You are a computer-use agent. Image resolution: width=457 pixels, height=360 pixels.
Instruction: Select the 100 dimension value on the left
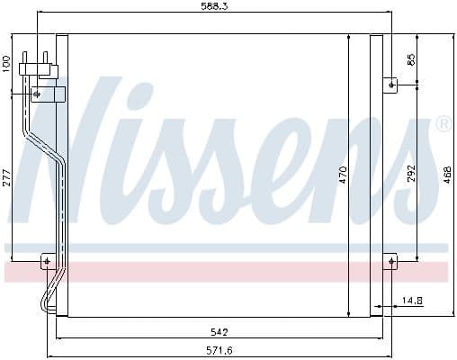[x=6, y=64]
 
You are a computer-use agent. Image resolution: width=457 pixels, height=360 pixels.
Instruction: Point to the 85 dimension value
[x=411, y=61]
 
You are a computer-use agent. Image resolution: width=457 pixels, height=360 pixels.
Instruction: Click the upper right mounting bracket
[x=390, y=85]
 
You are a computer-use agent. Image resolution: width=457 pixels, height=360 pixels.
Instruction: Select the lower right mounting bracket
[x=390, y=262]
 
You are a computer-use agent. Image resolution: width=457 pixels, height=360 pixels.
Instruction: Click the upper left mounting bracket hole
[x=37, y=93]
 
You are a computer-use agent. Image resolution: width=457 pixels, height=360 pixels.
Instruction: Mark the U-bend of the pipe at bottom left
[x=45, y=301]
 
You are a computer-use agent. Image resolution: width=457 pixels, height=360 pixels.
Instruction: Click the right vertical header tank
[x=376, y=175]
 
